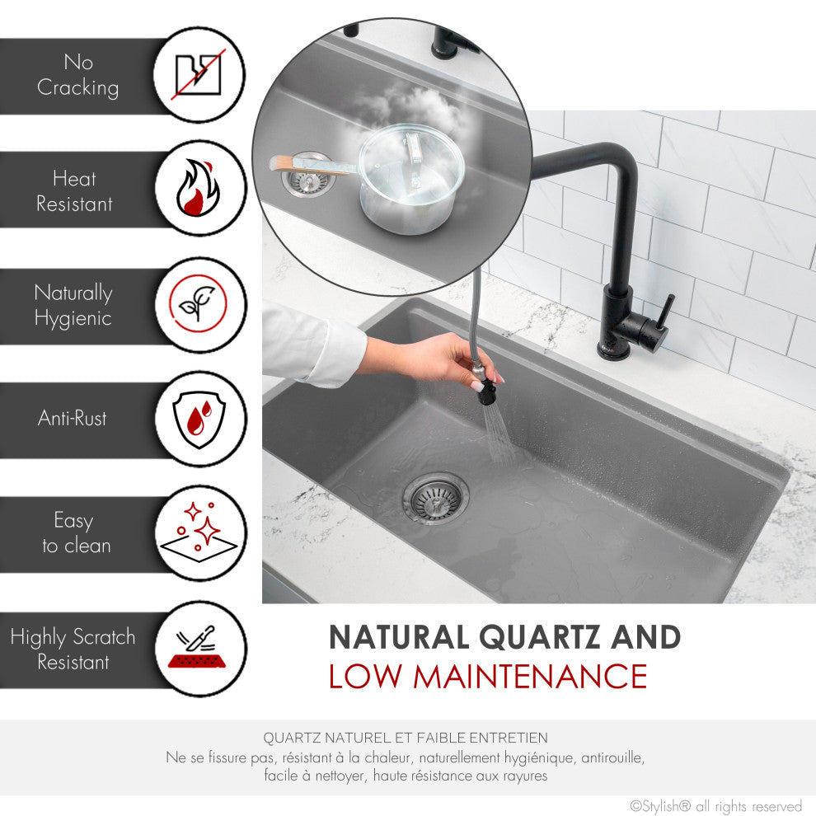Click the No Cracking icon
[200, 75]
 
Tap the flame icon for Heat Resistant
[200, 189]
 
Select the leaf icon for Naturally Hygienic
[200, 304]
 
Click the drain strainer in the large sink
[435, 498]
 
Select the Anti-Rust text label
[73, 418]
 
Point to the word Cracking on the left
[77, 88]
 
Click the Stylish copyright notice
[715, 805]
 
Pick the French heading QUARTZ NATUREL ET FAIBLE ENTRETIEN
[406, 738]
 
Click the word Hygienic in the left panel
[73, 318]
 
